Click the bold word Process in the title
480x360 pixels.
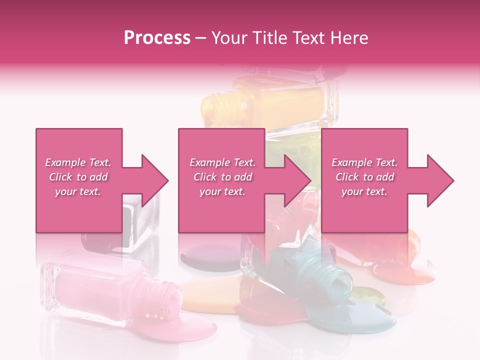[157, 38]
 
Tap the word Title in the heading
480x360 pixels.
[269, 38]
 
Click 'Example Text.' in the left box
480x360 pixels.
[78, 162]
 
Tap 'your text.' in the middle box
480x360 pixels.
[222, 191]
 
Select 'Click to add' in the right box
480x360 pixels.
[364, 177]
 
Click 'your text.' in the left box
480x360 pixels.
[78, 191]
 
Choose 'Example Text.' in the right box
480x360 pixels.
[364, 162]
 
